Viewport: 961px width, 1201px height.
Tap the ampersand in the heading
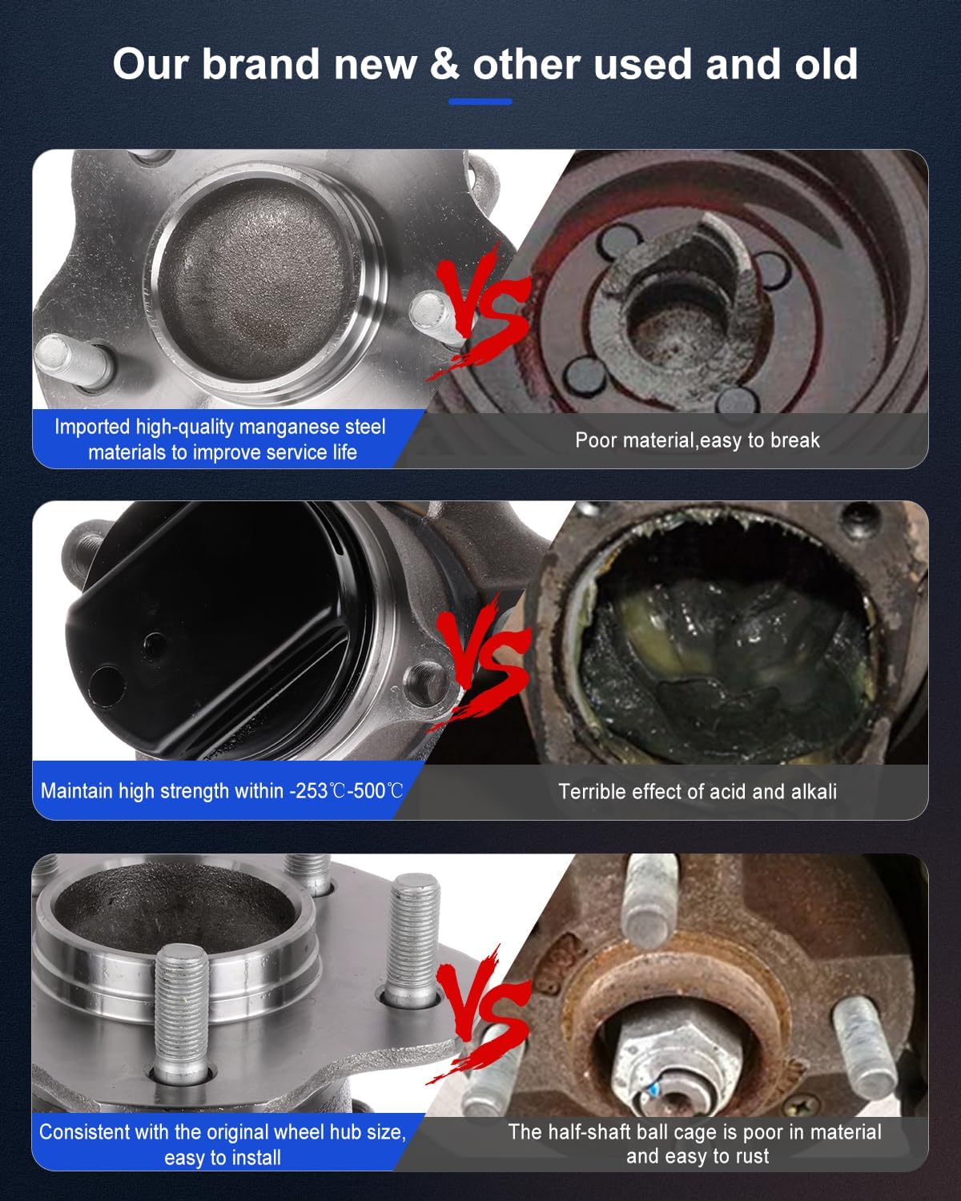pos(444,64)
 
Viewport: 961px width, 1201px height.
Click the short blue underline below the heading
pos(480,102)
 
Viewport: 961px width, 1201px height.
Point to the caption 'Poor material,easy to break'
pos(697,440)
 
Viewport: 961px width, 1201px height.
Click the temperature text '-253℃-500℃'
pos(346,791)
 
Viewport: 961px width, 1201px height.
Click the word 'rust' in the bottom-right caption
pos(750,1155)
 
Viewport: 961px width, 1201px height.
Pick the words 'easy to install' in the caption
pos(223,1157)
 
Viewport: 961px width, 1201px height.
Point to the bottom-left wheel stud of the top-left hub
pos(72,360)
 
